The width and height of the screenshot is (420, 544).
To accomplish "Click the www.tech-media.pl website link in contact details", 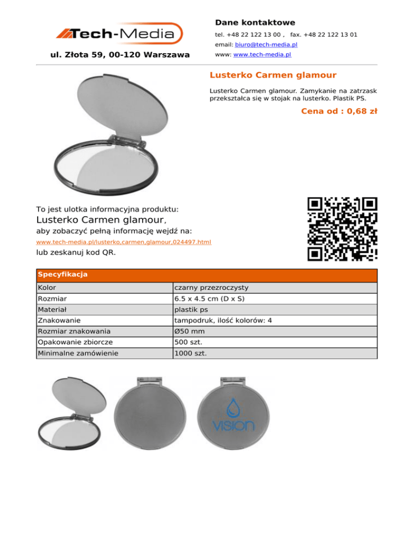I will coord(262,55).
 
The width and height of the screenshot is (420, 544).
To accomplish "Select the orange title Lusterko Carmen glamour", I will coord(273,75).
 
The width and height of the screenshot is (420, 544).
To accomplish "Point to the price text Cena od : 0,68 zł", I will coord(339,112).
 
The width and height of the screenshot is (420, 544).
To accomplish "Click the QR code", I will coord(342,229).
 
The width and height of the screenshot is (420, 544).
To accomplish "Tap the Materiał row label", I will coord(52,309).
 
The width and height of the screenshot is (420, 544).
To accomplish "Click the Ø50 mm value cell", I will coord(189,331).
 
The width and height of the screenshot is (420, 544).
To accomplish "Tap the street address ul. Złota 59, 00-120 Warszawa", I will coord(120,55).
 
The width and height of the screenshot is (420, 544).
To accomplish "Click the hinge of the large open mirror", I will coord(129,141).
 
